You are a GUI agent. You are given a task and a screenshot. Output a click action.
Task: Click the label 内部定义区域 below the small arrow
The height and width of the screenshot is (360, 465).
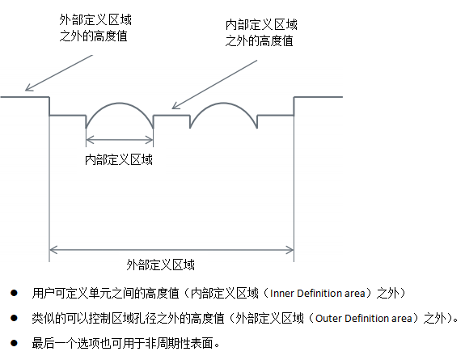(119, 159)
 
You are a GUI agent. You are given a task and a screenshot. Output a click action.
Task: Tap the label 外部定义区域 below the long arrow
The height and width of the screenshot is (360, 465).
(160, 265)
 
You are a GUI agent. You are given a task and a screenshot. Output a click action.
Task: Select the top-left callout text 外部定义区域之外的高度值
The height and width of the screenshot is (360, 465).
(95, 28)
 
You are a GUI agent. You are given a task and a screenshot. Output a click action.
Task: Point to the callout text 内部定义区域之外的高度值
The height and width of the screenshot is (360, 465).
(261, 32)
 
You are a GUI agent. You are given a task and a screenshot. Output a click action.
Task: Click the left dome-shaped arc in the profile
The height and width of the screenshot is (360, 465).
(120, 104)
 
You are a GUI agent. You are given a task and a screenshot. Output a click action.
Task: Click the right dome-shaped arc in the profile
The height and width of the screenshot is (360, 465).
(223, 104)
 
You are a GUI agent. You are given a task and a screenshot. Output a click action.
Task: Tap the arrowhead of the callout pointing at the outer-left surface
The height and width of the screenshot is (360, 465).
(28, 88)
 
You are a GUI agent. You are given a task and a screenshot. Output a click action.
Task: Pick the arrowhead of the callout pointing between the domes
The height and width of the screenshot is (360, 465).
(175, 106)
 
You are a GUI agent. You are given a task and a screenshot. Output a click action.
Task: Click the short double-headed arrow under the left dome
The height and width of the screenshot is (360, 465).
(120, 139)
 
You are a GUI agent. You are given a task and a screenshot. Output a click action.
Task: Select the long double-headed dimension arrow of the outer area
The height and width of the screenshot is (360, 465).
(171, 250)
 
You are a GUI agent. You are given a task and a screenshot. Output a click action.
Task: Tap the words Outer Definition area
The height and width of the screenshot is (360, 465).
(364, 319)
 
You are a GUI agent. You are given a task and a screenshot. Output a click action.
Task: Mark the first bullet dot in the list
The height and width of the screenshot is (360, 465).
(14, 293)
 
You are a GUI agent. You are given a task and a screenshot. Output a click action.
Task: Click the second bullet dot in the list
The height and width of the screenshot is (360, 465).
(14, 318)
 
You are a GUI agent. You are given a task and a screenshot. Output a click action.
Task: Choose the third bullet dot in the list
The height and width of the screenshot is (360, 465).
(14, 343)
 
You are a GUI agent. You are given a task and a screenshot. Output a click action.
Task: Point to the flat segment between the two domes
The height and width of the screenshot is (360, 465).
(171, 115)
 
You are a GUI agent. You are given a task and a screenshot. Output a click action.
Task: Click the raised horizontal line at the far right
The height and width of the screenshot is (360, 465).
(318, 97)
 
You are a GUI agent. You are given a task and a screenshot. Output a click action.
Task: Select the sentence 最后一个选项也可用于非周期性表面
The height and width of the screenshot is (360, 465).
(125, 343)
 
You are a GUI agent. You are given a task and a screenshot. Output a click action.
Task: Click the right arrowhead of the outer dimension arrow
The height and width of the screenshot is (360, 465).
(290, 250)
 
